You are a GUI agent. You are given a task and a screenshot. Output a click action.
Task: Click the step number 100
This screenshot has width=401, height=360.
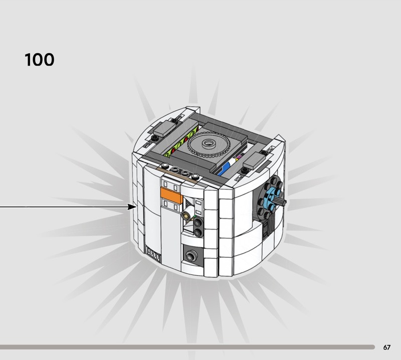coord(40,60)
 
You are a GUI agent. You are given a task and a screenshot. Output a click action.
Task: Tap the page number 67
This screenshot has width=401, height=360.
coord(386,347)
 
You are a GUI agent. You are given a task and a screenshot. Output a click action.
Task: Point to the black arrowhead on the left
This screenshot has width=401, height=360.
coord(132,207)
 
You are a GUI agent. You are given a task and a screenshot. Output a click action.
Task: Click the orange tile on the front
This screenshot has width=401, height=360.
coord(171,196)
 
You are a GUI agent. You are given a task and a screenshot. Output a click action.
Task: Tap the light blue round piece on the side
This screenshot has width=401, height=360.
coord(274,197)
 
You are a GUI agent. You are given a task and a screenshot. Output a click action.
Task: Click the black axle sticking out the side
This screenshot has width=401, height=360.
coord(283,202)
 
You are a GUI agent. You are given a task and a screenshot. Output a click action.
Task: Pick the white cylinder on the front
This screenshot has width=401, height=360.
coord(187,212)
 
